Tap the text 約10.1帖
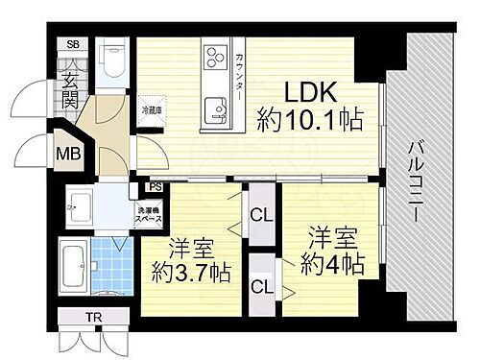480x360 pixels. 309,121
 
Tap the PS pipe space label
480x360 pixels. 154,188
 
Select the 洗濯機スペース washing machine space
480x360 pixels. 148,213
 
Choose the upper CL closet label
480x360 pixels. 259,215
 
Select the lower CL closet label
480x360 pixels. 258,285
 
